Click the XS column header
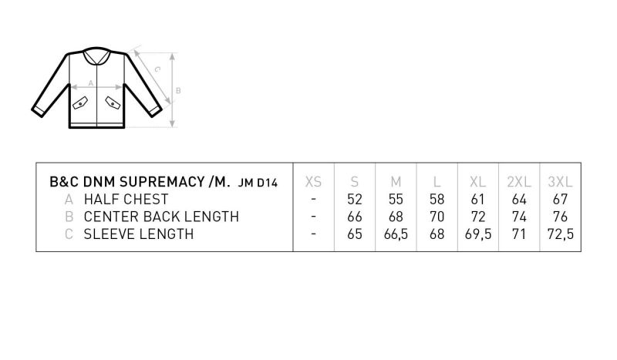(313, 182)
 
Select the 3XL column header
(560, 182)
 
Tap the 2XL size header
(519, 182)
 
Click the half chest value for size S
(355, 199)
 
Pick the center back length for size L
(437, 217)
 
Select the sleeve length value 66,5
(396, 234)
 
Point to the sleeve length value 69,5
(477, 234)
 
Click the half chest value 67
(560, 199)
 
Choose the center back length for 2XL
(519, 217)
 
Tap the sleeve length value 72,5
(561, 234)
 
